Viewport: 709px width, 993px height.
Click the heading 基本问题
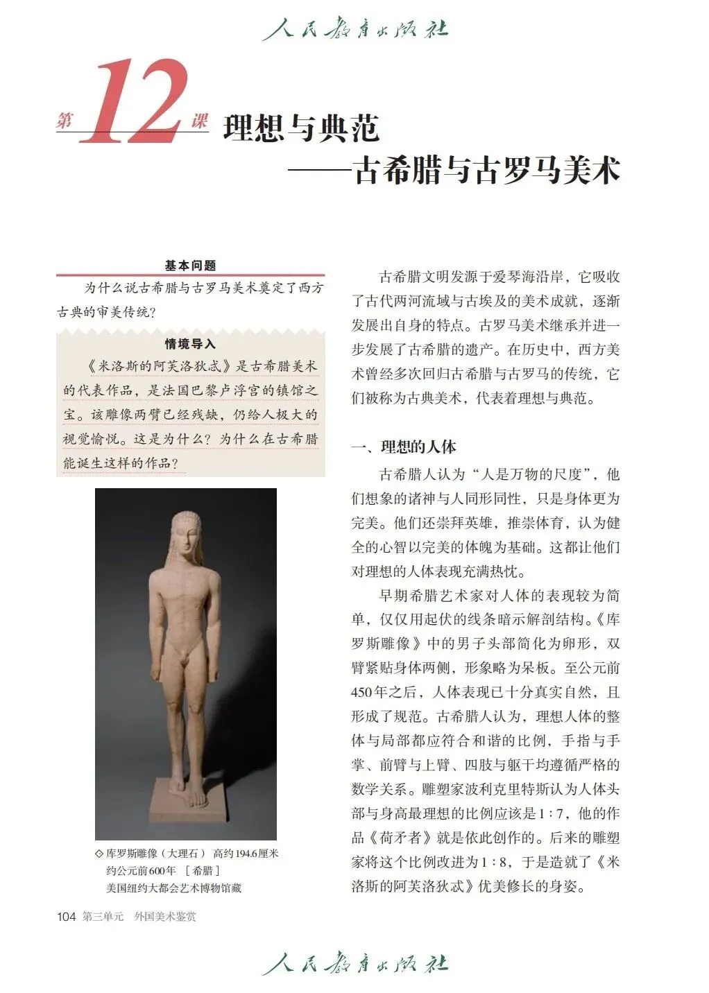coord(190,266)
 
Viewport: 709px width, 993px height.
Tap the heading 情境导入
coord(190,344)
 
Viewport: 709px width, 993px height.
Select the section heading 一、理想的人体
coord(404,447)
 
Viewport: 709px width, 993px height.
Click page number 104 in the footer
coord(66,917)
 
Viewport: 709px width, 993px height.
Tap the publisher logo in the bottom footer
coord(354,964)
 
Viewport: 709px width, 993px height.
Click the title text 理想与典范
coord(301,128)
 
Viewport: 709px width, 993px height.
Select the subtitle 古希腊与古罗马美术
coord(486,170)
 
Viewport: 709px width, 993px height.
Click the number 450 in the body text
coord(364,693)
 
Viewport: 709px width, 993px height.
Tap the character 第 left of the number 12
coord(65,121)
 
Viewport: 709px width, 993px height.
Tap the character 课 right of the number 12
coord(200,121)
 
